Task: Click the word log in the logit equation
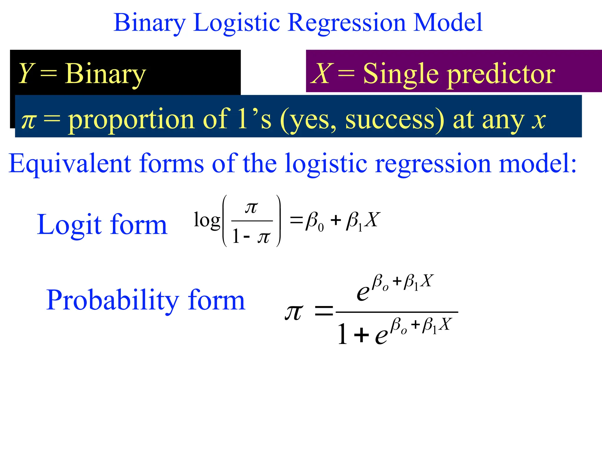207,221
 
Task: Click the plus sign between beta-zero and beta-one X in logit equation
335,220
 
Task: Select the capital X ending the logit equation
373,220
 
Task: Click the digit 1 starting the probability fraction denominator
342,334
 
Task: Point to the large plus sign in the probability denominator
361,335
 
